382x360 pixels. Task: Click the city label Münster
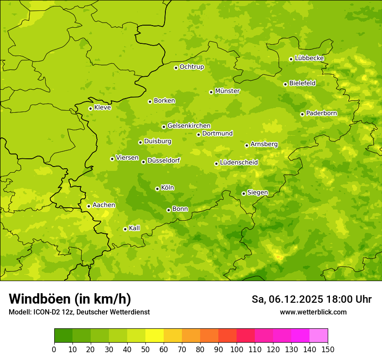pos(227,91)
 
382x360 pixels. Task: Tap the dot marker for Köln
pos(157,189)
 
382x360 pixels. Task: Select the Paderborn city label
pos(321,113)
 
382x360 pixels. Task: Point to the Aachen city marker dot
pos(89,206)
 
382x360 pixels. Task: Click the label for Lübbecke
pos(309,58)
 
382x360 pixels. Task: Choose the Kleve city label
pos(102,108)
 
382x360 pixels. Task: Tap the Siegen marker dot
pos(244,193)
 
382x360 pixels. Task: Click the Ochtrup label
pos(191,67)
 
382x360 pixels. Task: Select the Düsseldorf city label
pos(163,160)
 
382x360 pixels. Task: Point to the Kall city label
pos(134,228)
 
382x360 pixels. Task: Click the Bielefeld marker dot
pos(285,84)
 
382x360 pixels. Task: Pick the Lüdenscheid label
pos(239,163)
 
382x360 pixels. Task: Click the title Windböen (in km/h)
pos(70,299)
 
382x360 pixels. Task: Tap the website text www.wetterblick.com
pos(313,312)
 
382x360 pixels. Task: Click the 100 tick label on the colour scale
pos(237,350)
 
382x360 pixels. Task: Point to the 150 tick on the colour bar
pos(328,350)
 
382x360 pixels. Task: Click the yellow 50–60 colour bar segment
pos(155,336)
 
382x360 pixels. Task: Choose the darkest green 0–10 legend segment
pos(63,336)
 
